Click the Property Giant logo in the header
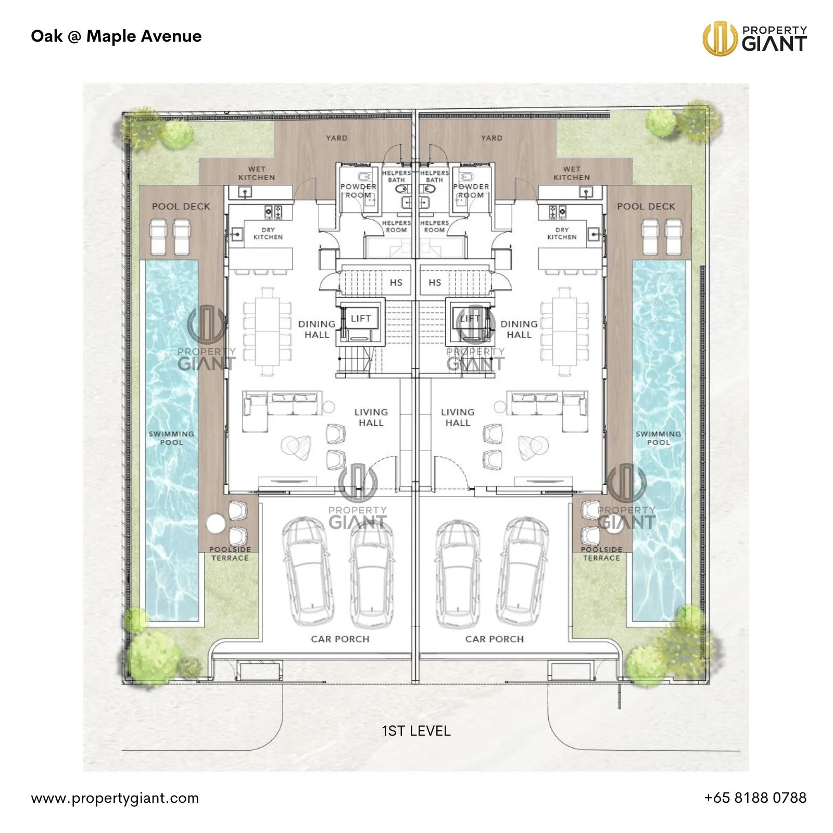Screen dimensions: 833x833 [754, 38]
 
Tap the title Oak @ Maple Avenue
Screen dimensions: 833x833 [116, 36]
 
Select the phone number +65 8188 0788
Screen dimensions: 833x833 [755, 798]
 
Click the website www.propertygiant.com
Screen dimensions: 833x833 [115, 799]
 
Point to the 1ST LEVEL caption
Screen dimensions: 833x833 [416, 731]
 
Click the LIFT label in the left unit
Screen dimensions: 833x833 [361, 318]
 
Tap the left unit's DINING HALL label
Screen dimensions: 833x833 [317, 329]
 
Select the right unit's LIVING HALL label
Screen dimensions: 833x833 [458, 417]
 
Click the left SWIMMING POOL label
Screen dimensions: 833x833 [171, 438]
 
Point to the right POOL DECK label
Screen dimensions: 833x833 [646, 206]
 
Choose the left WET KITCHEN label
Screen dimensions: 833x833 [257, 173]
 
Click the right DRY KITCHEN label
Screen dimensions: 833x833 [562, 233]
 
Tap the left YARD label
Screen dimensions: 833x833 [336, 138]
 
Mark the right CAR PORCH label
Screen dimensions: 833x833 [495, 639]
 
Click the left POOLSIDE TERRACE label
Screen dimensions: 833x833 [230, 553]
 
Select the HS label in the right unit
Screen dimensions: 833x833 [435, 282]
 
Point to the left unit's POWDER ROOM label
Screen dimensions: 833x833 [358, 191]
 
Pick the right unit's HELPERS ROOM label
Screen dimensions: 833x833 [434, 226]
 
